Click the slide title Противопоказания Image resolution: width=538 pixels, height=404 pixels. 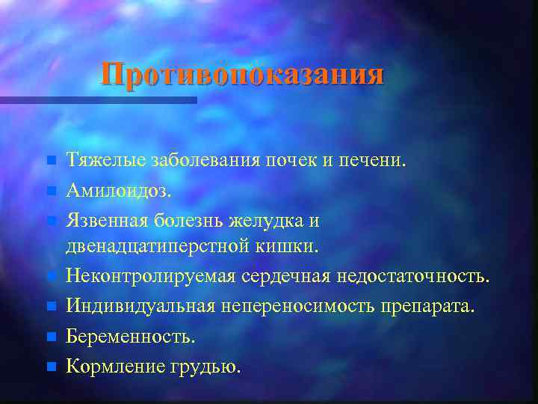click(243, 75)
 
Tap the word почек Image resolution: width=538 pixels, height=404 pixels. click(296, 160)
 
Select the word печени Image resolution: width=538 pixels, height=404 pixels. click(374, 160)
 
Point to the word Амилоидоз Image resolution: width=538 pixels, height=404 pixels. click(118, 191)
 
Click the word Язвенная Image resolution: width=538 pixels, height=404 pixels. click(108, 221)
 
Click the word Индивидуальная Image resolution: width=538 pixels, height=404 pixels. click(140, 307)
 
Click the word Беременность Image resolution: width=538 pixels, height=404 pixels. click(130, 337)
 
